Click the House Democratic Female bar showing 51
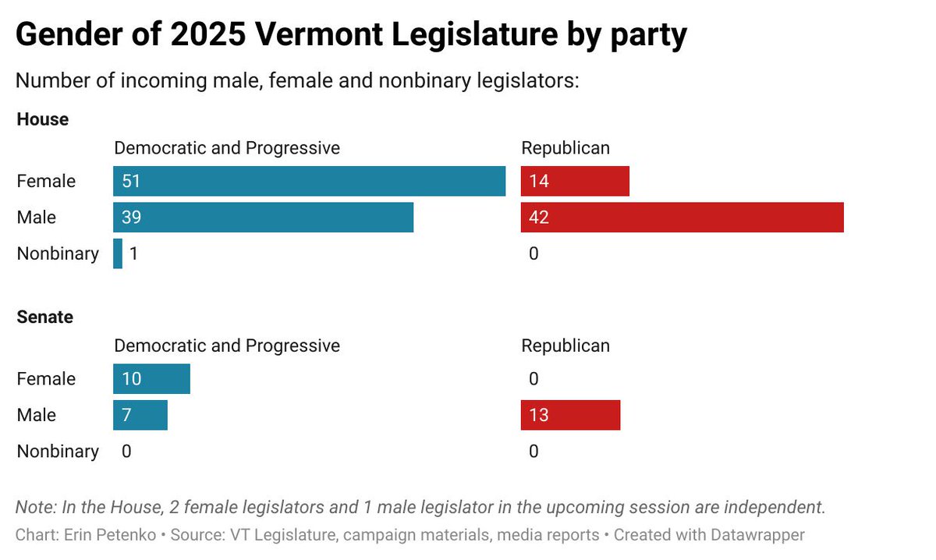coord(309,181)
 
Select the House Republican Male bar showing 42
coord(682,217)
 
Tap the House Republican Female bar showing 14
coord(575,181)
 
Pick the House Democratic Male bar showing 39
coord(263,217)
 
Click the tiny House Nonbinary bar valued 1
coord(118,253)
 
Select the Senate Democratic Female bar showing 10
coord(151,379)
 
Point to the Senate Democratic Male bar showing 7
coord(140,415)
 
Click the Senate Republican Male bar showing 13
coord(570,415)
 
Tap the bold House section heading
coord(43,119)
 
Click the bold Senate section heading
coord(45,317)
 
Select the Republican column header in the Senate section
coord(565,345)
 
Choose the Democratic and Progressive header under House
coord(227,147)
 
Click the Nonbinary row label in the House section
coord(58,253)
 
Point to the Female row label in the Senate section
coord(46,379)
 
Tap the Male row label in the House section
coord(37,217)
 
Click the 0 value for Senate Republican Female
coord(534,379)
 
